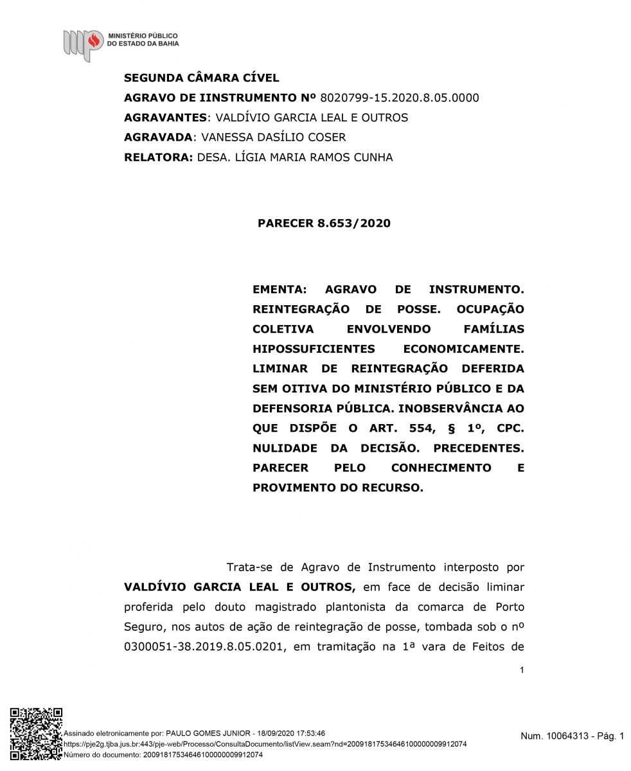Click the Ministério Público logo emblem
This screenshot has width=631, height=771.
click(83, 44)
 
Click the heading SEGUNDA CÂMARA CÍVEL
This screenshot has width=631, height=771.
click(201, 78)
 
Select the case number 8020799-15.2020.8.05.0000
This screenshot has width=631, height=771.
click(399, 98)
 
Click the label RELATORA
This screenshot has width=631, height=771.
click(157, 157)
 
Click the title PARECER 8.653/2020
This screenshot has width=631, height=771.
click(324, 224)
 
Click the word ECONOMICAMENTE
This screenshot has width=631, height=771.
click(463, 349)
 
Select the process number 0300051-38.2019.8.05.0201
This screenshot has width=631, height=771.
click(204, 647)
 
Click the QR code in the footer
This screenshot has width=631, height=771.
click(36, 734)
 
